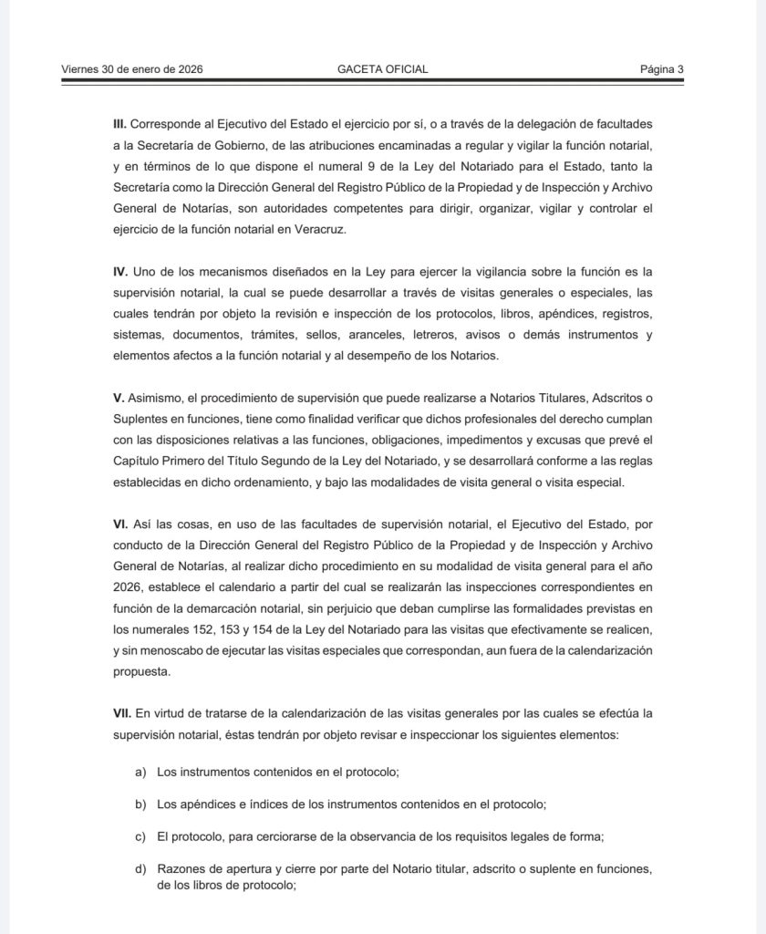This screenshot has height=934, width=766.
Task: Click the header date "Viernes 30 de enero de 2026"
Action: [x=131, y=68]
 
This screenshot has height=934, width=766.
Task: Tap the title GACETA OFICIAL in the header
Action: [x=382, y=68]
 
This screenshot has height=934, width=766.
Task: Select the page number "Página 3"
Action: [x=661, y=68]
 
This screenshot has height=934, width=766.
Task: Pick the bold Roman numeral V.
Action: [x=118, y=399]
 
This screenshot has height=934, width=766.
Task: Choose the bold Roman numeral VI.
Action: [x=119, y=526]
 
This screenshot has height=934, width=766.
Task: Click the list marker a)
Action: [x=140, y=772]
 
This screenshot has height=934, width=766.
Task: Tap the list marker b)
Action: [x=140, y=804]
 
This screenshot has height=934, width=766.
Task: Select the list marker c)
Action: [x=140, y=835]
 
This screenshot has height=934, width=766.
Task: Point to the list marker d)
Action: [x=140, y=868]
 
